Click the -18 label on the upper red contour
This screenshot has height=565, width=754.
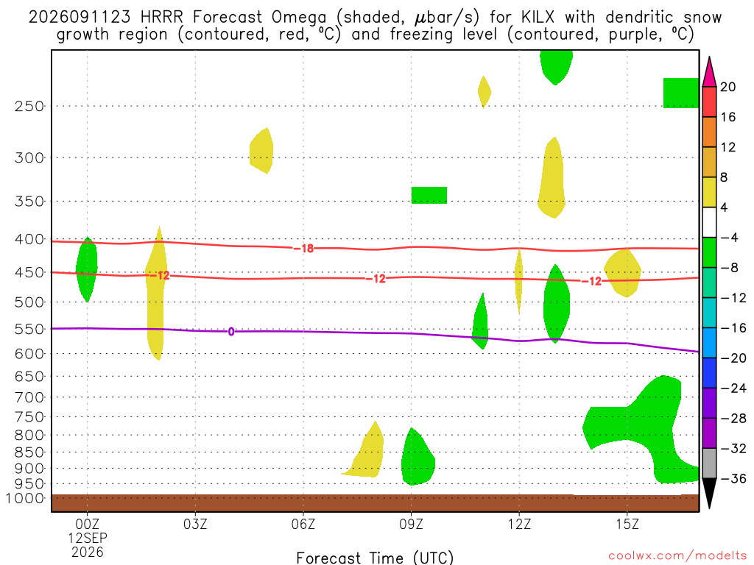click(x=304, y=249)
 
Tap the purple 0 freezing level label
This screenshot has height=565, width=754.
click(x=231, y=332)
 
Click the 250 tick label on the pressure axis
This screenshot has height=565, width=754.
click(x=29, y=106)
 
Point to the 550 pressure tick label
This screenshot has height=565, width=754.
click(x=29, y=329)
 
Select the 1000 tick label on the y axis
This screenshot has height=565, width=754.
click(x=25, y=498)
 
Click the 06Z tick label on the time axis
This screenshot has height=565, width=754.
click(x=303, y=524)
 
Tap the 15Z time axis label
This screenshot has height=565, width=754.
click(x=627, y=524)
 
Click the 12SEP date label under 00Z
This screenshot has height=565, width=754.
click(x=88, y=538)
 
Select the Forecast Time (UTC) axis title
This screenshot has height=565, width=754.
click(x=375, y=558)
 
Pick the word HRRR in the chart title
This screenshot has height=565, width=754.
click(x=161, y=18)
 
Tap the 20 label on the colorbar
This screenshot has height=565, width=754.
click(x=728, y=87)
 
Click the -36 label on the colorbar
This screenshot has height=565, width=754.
click(x=733, y=478)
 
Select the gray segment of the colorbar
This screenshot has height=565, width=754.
click(x=709, y=463)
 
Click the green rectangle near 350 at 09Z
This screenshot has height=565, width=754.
click(x=429, y=195)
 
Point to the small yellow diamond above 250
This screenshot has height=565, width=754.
click(x=485, y=92)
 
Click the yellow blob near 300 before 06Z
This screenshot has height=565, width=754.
click(x=261, y=151)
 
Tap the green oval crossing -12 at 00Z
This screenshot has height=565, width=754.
click(x=87, y=269)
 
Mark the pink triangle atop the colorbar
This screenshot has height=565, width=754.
click(x=709, y=72)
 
